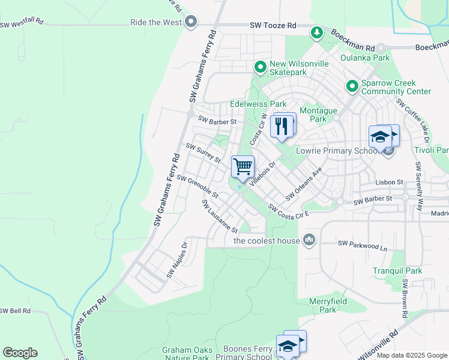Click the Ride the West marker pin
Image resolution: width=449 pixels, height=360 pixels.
[191, 23]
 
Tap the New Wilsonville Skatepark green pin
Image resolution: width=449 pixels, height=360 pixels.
[261, 67]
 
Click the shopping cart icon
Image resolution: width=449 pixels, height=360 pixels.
[243, 167]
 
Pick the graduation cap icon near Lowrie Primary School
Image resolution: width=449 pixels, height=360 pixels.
[380, 137]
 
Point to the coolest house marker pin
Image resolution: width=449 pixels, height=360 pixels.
[309, 241]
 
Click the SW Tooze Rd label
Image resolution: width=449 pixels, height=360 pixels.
[273, 26]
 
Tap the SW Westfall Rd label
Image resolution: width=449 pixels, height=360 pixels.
[22, 22]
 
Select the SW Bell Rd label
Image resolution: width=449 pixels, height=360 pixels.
[16, 311]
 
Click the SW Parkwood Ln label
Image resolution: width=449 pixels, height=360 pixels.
[363, 243]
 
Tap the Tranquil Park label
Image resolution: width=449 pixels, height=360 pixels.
[397, 271]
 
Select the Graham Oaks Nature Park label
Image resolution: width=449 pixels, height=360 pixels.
[185, 353]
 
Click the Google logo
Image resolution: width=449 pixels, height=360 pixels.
[20, 353]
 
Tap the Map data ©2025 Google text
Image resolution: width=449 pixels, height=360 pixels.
[411, 355]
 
